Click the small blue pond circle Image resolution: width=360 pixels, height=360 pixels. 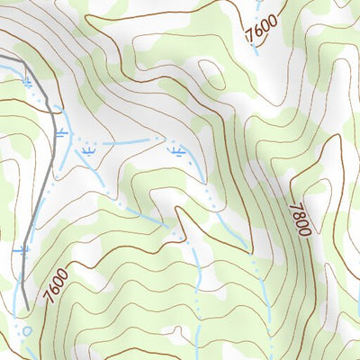(26, 330)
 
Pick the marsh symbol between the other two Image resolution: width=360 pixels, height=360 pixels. (87, 153)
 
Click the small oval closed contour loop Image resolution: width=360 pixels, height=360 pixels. (208, 74)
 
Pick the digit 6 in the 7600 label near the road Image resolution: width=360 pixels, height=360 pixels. (50, 290)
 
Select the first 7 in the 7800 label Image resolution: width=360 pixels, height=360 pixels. (296, 205)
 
